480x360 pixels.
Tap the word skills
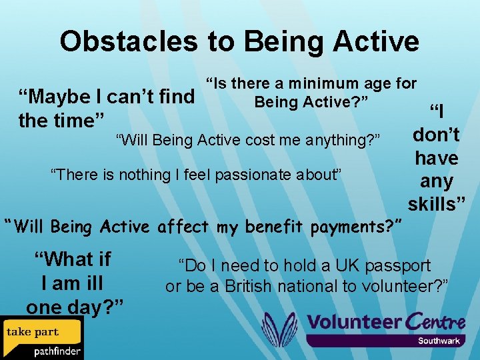click(437, 204)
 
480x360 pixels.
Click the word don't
click(436, 135)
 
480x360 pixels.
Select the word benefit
click(275, 227)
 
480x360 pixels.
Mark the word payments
click(354, 227)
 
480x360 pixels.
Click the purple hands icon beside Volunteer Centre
click(279, 329)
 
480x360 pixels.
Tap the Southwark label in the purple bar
click(439, 341)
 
